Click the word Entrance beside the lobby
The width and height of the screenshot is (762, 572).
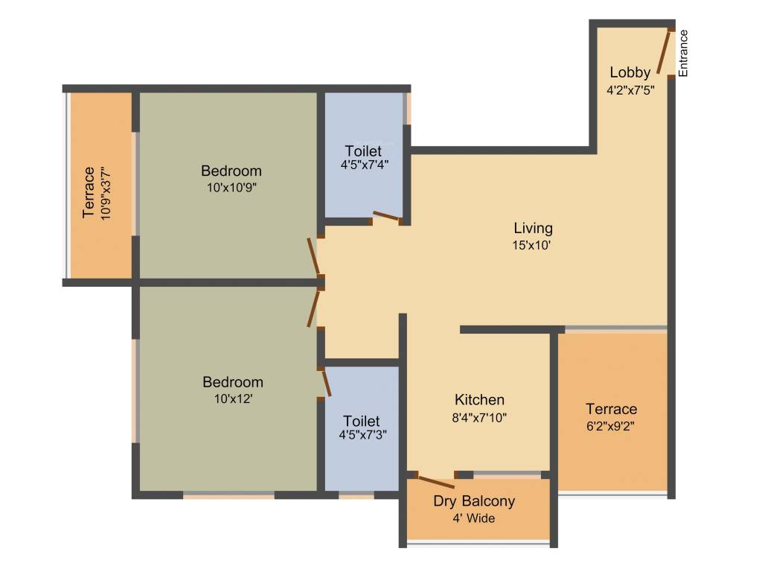[x=683, y=53]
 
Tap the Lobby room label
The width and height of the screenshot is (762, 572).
[x=630, y=72]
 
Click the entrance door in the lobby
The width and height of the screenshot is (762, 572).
[x=665, y=52]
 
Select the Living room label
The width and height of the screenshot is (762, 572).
[x=533, y=228]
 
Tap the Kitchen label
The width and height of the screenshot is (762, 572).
[x=480, y=400]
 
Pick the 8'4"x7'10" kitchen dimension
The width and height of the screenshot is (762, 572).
[x=480, y=417]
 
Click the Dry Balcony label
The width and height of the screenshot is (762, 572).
[x=474, y=500]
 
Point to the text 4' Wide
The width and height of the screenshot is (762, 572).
[x=474, y=518]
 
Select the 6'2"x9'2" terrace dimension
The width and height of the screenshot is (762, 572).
[x=611, y=426]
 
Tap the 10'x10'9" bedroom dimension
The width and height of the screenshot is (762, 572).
[x=231, y=188]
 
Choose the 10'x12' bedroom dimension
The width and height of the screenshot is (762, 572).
[x=233, y=398]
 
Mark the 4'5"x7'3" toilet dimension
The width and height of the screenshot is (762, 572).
[x=362, y=436]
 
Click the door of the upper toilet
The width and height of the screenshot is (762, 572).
[x=386, y=217]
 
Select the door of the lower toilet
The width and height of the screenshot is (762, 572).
[x=325, y=383]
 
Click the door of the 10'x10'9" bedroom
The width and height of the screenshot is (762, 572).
[x=316, y=257]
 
